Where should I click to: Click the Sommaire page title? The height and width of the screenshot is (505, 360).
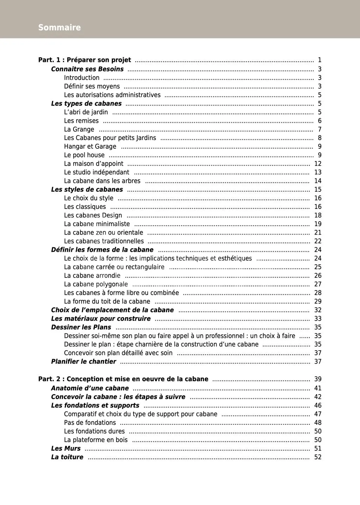click(x=59, y=27)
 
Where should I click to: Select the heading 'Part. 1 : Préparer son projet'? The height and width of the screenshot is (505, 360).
click(x=84, y=60)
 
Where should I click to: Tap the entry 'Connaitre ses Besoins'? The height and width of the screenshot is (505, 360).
click(x=87, y=69)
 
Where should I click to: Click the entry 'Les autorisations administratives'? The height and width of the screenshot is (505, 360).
click(x=112, y=95)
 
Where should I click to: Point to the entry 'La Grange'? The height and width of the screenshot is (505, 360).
click(x=79, y=129)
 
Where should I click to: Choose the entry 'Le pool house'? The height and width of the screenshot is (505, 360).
click(x=84, y=155)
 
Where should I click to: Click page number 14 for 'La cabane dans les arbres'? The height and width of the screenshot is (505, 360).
click(x=318, y=181)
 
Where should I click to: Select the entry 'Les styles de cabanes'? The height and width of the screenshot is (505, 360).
click(x=87, y=190)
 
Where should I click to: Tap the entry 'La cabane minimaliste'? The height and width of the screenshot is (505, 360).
click(x=97, y=224)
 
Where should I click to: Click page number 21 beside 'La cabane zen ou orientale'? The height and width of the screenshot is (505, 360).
click(x=318, y=232)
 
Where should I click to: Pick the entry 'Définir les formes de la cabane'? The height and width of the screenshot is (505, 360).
click(x=102, y=250)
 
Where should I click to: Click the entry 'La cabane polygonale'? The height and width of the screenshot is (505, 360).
click(x=96, y=284)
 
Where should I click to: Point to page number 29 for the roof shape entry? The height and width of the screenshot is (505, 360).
click(x=318, y=301)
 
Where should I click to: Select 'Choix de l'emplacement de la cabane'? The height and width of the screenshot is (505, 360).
click(x=112, y=310)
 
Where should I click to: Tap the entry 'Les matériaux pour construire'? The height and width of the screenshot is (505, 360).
click(x=101, y=319)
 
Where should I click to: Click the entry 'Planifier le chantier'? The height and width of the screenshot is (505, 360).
click(x=83, y=362)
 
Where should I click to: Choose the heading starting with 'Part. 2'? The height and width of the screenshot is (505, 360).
click(x=123, y=379)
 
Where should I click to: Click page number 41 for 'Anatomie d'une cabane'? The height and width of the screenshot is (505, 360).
click(x=318, y=388)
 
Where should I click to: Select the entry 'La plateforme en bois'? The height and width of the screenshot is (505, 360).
click(x=96, y=440)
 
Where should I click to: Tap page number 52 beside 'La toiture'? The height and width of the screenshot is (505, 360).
click(x=318, y=457)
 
